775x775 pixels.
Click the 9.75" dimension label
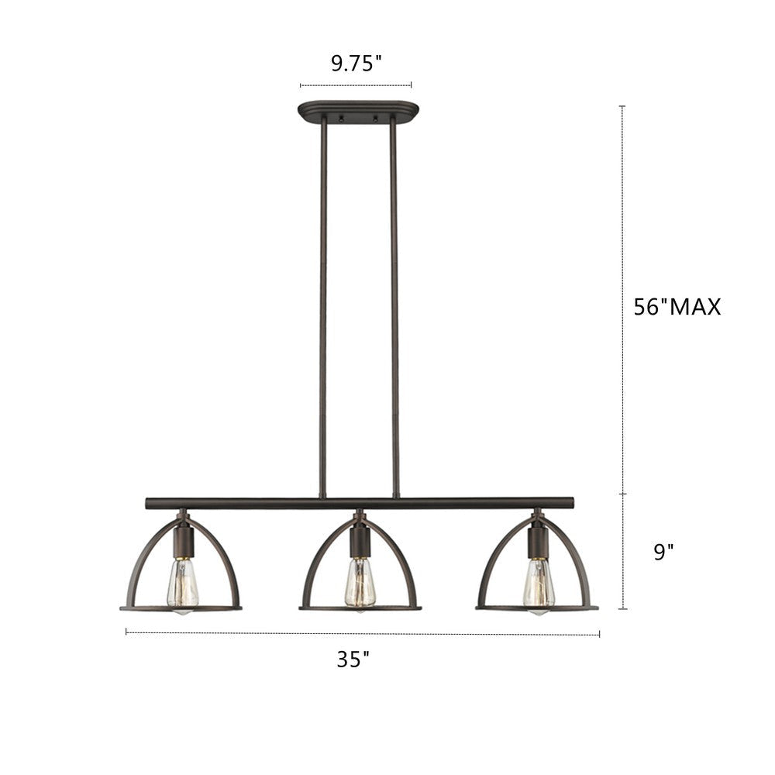pyautogui.click(x=356, y=64)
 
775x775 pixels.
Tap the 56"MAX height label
pyautogui.click(x=677, y=307)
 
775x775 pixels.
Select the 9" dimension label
pyautogui.click(x=663, y=552)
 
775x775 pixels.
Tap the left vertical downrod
pyautogui.click(x=323, y=310)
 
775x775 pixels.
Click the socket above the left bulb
pyautogui.click(x=183, y=541)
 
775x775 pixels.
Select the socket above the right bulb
pyautogui.click(x=537, y=541)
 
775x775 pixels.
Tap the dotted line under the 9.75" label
pyautogui.click(x=356, y=85)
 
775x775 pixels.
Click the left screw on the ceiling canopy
pyautogui.click(x=340, y=119)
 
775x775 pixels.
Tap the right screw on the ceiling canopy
pyautogui.click(x=375, y=119)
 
